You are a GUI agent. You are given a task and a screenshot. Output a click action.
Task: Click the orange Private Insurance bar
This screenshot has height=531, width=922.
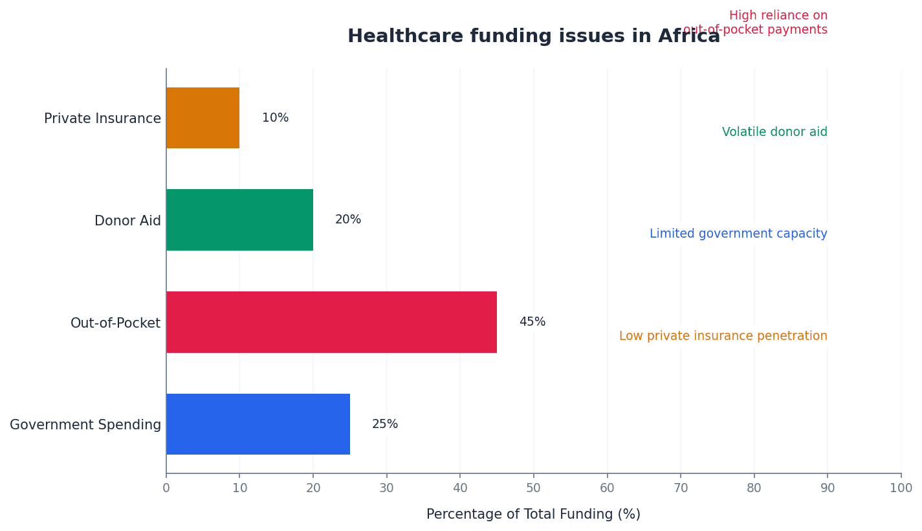[x=203, y=118]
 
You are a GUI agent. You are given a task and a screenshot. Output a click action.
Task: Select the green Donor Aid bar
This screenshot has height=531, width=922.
[x=239, y=220]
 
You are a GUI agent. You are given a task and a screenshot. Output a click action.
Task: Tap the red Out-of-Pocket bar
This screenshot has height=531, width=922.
[x=331, y=322]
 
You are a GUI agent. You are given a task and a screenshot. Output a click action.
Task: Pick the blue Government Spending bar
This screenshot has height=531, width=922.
[x=258, y=424]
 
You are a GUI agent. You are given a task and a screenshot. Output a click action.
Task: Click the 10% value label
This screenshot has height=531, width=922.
[x=275, y=118]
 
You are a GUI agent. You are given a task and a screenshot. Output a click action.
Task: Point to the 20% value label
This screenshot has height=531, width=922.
[x=348, y=220]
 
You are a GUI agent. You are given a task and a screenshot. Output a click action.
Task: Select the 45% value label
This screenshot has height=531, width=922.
[x=532, y=322]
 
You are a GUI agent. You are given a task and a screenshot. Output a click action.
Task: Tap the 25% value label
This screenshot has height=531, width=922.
[x=385, y=424]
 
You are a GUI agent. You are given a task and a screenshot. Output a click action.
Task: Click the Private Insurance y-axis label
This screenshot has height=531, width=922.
[x=102, y=119]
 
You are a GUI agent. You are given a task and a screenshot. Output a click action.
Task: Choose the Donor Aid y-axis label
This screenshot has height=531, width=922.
[x=127, y=221]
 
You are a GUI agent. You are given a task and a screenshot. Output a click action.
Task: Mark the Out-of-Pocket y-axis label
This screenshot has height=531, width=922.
[x=115, y=323]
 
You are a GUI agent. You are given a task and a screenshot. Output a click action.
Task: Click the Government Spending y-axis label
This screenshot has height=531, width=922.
[x=85, y=425]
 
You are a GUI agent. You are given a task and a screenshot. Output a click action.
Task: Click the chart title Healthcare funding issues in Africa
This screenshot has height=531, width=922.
[x=533, y=36]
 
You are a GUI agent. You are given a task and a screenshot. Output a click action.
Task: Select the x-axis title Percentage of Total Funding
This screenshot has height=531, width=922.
[x=533, y=514]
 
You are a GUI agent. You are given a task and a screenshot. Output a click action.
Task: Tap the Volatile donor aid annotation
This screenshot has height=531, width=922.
[x=774, y=132]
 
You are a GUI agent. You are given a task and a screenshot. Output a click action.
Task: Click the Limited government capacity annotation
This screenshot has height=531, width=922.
[x=738, y=234]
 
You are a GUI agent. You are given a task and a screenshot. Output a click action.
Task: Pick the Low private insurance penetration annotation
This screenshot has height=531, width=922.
[x=723, y=336]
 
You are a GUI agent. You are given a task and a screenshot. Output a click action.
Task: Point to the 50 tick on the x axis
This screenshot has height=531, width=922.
[x=533, y=488]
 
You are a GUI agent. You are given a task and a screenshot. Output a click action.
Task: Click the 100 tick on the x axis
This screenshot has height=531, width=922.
[x=901, y=488]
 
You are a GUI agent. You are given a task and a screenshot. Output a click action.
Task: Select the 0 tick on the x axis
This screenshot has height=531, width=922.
[x=166, y=488]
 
